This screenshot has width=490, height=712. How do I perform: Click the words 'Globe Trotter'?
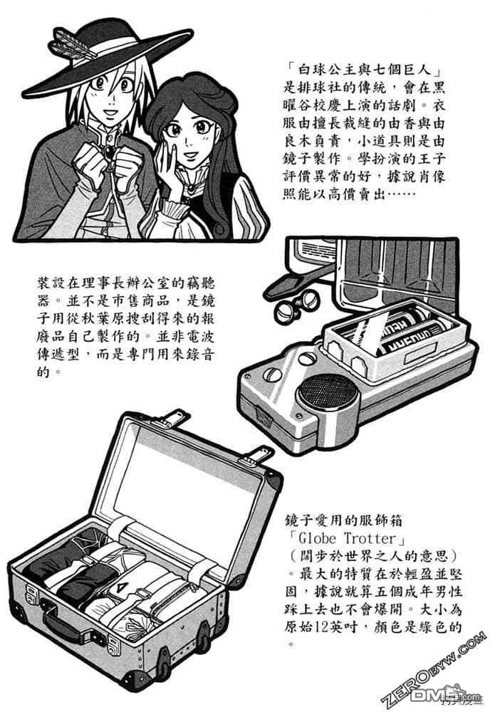point(347,538)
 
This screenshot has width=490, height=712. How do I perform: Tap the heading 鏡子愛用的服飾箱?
point(344,520)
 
